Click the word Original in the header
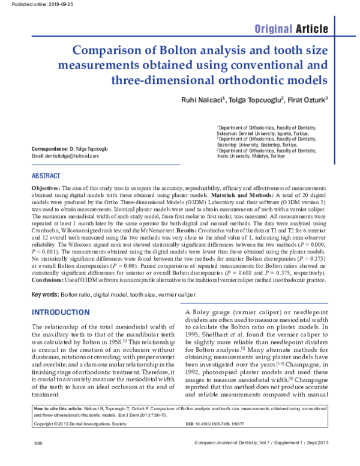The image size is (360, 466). point(274,29)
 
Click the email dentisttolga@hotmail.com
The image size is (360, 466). point(65,156)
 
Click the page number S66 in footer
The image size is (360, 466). point(23,459)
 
